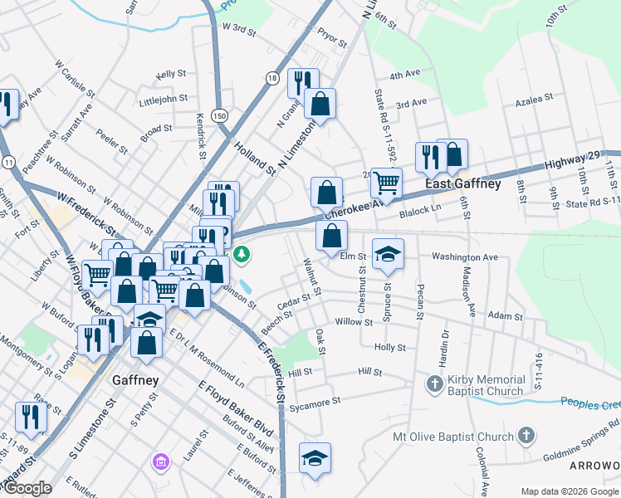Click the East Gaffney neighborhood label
(462, 183)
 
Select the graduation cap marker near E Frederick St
(315, 459)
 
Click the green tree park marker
(242, 254)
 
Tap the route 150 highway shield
(218, 114)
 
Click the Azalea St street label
(534, 98)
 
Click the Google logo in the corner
(27, 488)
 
